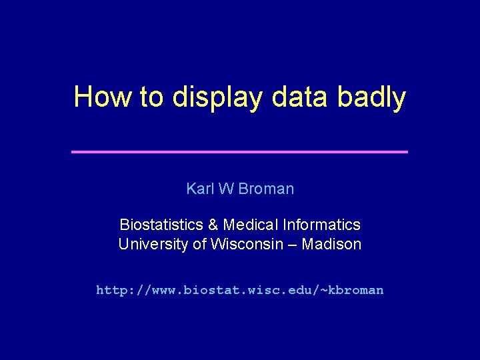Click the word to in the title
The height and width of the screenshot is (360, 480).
pyautogui.click(x=151, y=97)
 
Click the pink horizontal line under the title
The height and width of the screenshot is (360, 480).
pyautogui.click(x=239, y=152)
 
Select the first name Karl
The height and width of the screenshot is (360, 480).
pyautogui.click(x=199, y=189)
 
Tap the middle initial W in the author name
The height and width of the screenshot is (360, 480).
pyautogui.click(x=225, y=189)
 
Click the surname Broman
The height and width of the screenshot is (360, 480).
pyautogui.click(x=266, y=189)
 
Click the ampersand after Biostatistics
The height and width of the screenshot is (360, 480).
pyautogui.click(x=213, y=225)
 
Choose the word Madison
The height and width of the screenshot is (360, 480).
pyautogui.click(x=332, y=245)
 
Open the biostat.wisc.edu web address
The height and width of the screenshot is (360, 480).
pyautogui.click(x=239, y=290)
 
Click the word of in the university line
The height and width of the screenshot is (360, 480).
pyautogui.click(x=199, y=245)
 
